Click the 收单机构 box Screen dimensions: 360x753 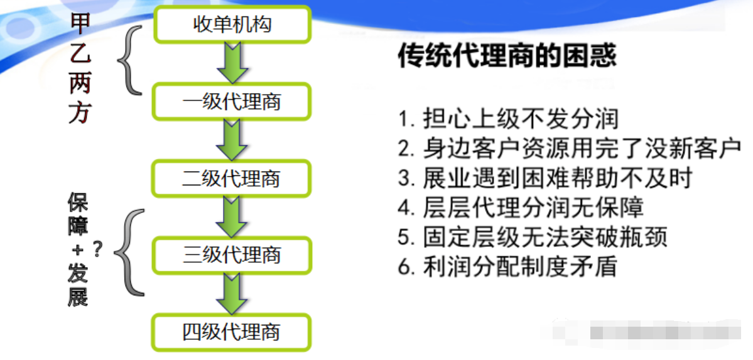tap(232, 25)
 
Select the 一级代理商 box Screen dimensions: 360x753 tap(232, 101)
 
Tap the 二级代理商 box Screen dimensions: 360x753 tap(232, 178)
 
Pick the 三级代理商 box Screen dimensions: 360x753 tap(232, 255)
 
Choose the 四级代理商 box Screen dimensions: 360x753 tap(232, 332)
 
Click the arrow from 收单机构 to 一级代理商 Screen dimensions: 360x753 tap(232, 63)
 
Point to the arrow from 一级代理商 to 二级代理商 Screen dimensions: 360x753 tap(232, 139)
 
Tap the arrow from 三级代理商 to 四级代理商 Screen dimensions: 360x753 tap(232, 293)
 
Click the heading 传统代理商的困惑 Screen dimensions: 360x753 tap(507, 56)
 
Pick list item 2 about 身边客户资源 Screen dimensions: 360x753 tap(570, 148)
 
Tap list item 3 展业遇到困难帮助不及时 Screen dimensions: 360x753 tap(544, 178)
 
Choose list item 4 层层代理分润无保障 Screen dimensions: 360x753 tap(521, 207)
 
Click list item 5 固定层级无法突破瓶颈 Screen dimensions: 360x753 tap(533, 237)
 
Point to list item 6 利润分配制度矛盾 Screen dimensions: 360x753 tap(507, 266)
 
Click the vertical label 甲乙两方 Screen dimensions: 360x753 tap(80, 69)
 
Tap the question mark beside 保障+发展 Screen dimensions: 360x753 tap(97, 250)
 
